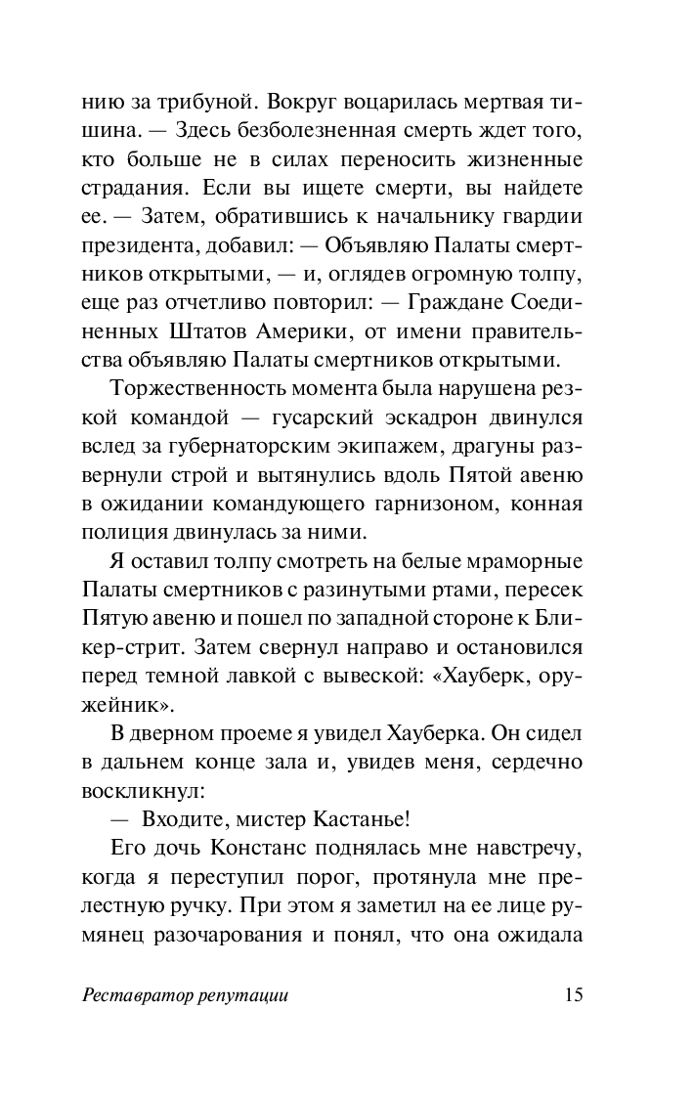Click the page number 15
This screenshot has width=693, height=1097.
tap(573, 996)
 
